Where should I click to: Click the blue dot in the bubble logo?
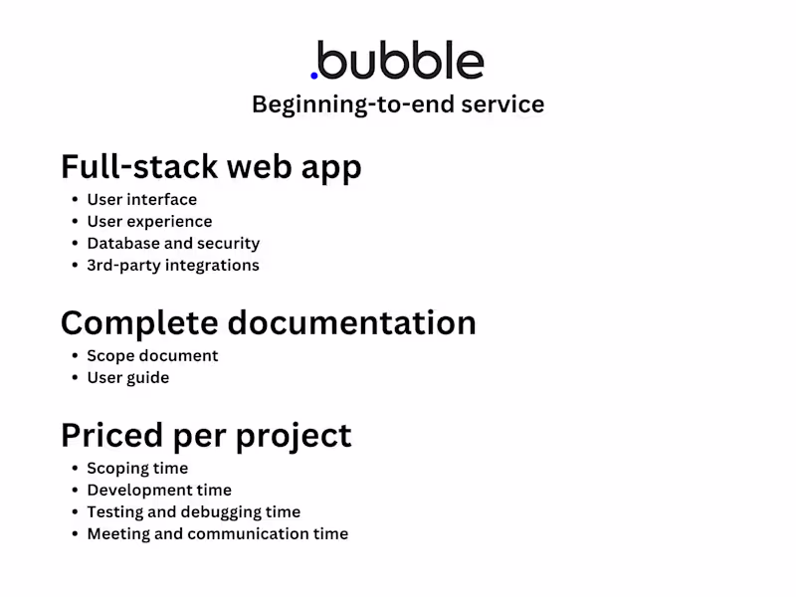click(x=314, y=75)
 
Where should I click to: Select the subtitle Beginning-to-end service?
click(x=397, y=104)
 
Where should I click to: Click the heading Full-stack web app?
click(x=211, y=166)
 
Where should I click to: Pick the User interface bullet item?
click(x=141, y=200)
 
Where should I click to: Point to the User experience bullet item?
click(x=149, y=222)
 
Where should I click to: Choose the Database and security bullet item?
click(x=173, y=244)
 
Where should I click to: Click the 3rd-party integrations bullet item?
click(x=173, y=266)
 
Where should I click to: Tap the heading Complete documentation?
click(x=268, y=322)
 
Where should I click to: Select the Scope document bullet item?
click(x=152, y=356)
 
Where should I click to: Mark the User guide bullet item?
click(x=127, y=378)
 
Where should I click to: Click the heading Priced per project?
click(x=206, y=435)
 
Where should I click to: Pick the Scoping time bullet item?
click(x=137, y=469)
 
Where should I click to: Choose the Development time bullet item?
click(x=159, y=491)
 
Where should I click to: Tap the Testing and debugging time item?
click(x=193, y=512)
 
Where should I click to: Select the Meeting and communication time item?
click(x=217, y=534)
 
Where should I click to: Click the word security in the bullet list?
click(x=228, y=244)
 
